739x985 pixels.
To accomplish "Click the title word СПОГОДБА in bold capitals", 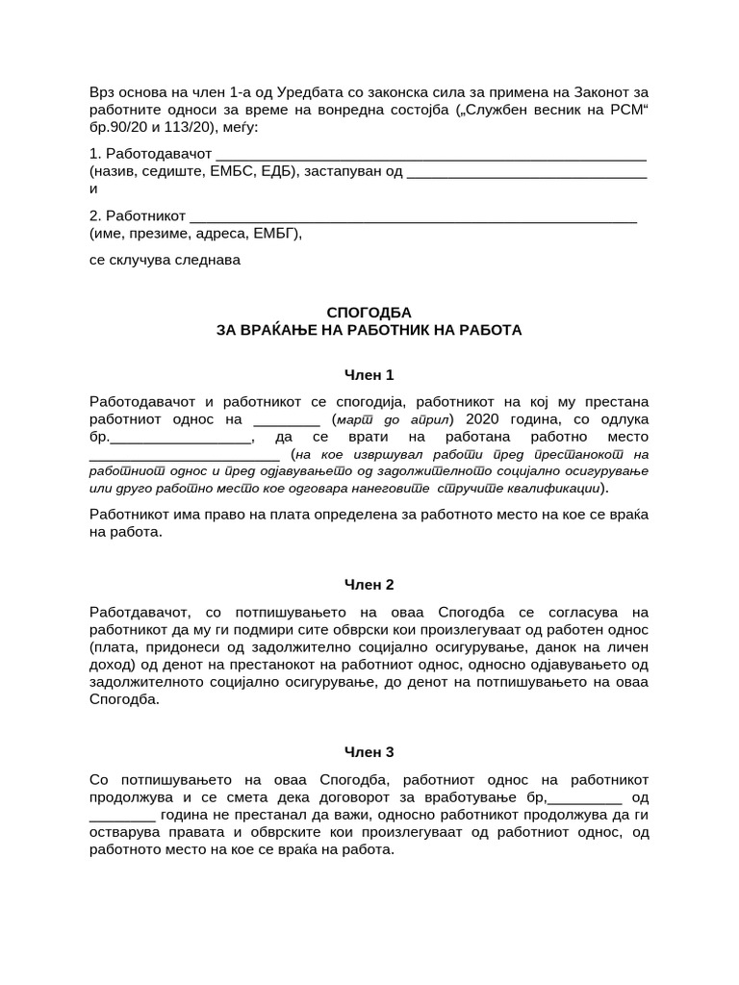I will click(x=369, y=313).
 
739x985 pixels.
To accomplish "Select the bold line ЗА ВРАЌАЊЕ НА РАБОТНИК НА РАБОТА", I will click(x=369, y=330).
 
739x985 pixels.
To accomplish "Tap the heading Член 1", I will click(x=369, y=375).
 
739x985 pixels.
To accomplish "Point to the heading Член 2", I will click(x=369, y=584).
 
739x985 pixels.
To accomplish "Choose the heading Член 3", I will click(x=369, y=752).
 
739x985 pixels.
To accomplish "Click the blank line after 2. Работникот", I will click(x=414, y=216).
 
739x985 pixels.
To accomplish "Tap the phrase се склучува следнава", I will click(x=165, y=260).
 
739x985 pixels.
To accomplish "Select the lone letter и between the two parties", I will click(x=93, y=189).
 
